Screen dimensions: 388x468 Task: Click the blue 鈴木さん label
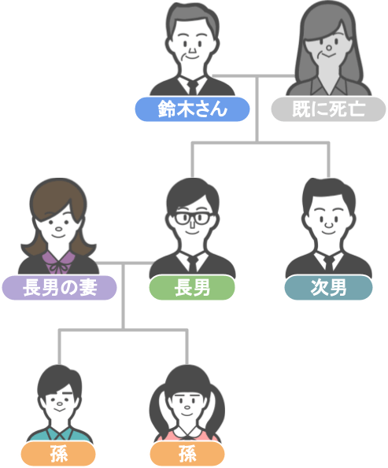192,109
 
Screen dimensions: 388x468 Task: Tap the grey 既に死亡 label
328,109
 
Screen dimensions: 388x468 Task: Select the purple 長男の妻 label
60,287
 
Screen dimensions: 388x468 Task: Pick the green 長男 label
192,287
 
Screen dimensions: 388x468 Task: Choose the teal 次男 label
328,287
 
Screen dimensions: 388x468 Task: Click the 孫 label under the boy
58,454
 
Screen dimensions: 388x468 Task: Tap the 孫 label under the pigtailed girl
187,454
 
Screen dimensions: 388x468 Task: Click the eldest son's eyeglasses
192,218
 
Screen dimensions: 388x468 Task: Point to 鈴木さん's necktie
193,87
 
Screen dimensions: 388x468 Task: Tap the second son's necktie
329,263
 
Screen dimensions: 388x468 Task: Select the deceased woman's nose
329,48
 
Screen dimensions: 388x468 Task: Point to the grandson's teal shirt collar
60,434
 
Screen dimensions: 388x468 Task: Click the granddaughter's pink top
187,436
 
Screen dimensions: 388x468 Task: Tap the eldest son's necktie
193,263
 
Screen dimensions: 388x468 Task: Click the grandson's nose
60,404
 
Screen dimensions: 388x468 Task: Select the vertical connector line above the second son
328,160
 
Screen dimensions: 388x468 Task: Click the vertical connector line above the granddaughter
187,348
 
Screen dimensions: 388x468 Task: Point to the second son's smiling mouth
329,232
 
